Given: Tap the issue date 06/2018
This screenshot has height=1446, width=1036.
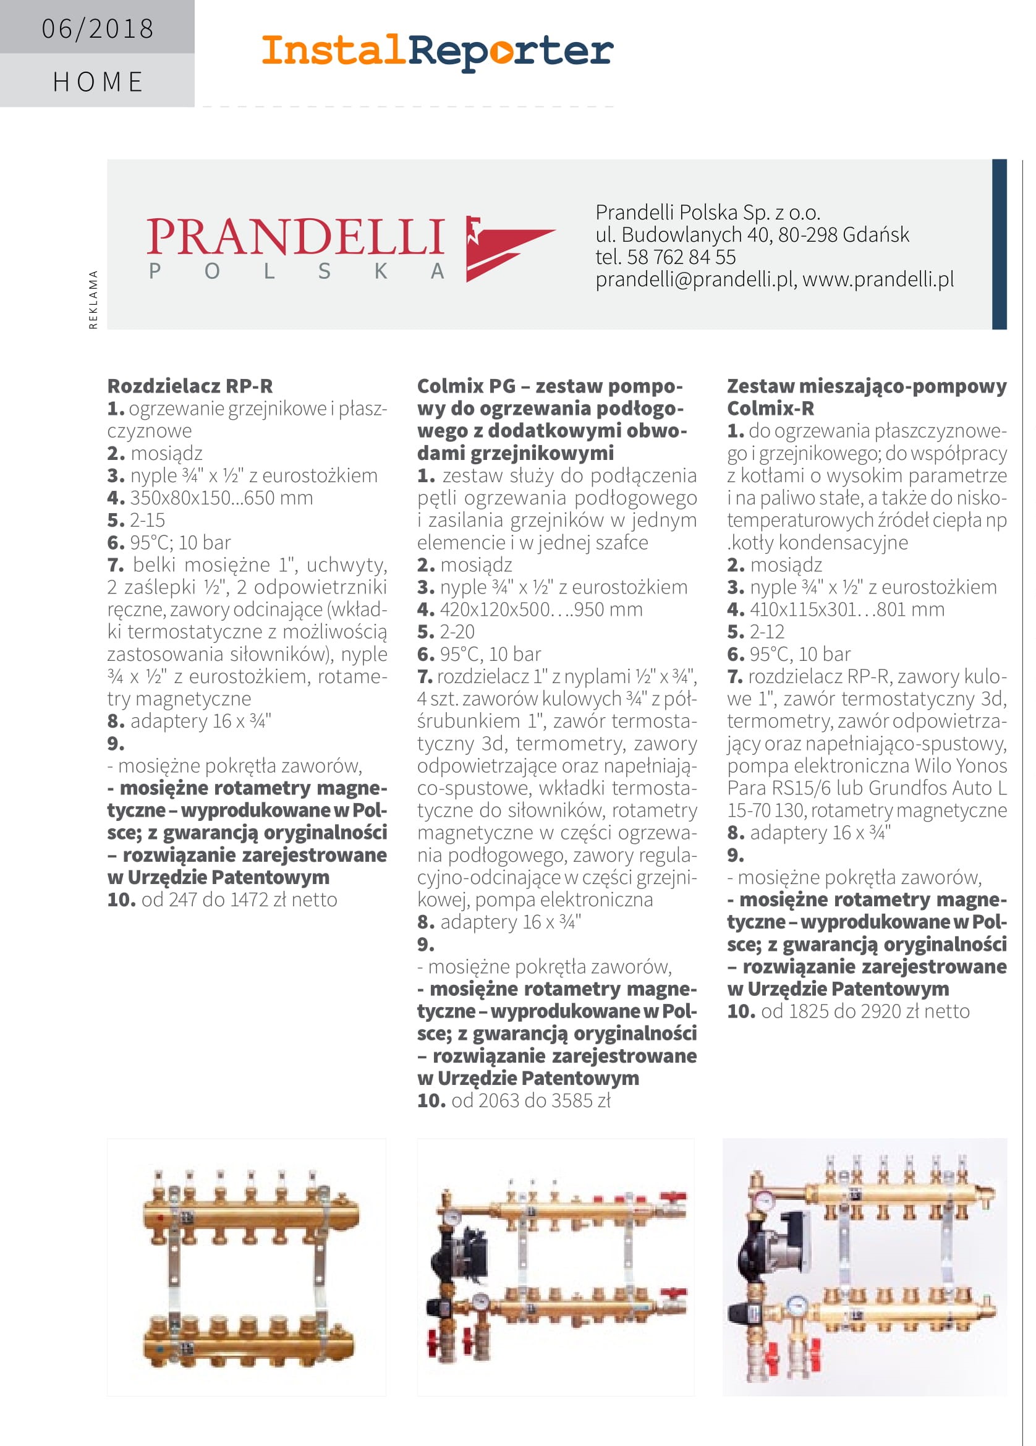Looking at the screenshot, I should click(98, 28).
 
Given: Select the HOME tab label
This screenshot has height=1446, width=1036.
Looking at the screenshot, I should click(98, 82).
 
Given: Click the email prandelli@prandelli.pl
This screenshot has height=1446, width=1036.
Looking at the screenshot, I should click(695, 279).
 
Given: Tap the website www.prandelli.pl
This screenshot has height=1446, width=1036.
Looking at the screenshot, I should click(878, 279).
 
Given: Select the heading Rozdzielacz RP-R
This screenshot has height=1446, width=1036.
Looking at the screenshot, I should click(190, 386).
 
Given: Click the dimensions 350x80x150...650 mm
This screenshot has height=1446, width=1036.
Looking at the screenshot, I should click(221, 497).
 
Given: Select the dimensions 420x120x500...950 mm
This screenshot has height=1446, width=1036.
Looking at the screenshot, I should click(541, 609).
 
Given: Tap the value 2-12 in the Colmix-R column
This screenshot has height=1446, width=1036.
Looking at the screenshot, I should click(767, 631).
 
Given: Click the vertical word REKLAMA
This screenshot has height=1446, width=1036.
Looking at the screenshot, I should click(94, 300).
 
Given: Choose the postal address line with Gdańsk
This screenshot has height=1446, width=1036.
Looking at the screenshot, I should click(752, 235).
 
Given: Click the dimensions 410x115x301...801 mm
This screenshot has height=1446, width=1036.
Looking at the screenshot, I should click(847, 609).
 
